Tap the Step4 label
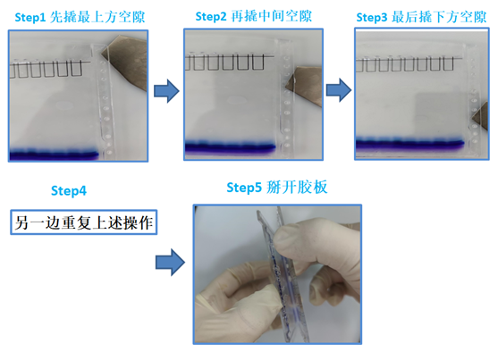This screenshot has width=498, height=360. coord(69,190)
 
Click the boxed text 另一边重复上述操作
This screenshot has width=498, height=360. coord(84,222)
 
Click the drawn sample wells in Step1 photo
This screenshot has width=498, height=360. coord(49,68)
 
